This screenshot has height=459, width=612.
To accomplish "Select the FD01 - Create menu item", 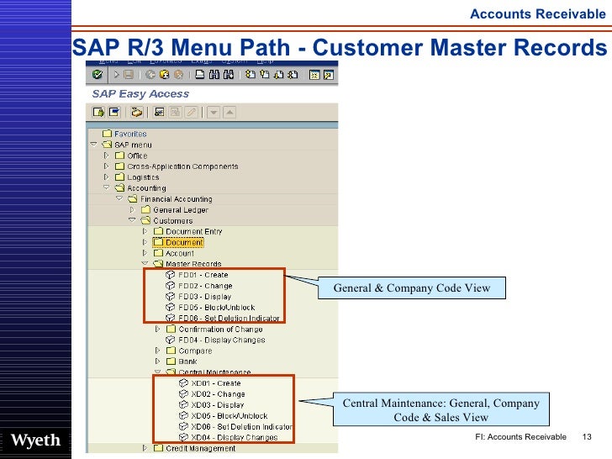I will click(203, 275).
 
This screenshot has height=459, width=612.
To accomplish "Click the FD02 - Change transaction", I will click(204, 286).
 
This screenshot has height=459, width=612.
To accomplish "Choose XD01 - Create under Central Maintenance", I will click(215, 383).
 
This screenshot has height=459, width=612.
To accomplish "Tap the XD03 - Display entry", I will click(217, 405).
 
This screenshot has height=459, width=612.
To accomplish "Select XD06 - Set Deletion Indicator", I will click(241, 426).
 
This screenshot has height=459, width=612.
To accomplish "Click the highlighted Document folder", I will click(184, 243).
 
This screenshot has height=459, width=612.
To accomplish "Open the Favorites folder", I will click(130, 134).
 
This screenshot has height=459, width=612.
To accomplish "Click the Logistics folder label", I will click(143, 177).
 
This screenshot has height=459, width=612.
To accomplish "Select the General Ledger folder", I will click(180, 210).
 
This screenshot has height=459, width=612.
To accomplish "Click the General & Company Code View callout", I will click(411, 288).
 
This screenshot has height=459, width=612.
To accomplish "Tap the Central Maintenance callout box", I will click(441, 410).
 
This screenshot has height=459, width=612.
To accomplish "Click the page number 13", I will click(587, 437).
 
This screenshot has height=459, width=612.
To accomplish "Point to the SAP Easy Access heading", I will click(140, 94).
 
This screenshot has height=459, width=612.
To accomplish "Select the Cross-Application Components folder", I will click(182, 166).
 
